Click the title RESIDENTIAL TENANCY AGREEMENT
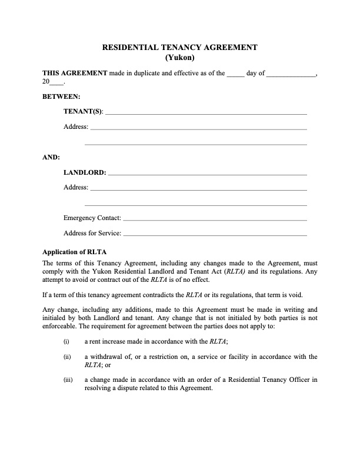click(x=180, y=48)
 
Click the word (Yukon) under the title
click(x=180, y=58)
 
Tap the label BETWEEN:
click(x=62, y=96)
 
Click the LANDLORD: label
click(x=85, y=173)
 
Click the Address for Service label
click(x=92, y=234)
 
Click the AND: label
click(x=51, y=157)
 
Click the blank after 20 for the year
click(x=56, y=84)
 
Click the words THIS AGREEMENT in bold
click(x=75, y=74)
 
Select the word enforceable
click(x=61, y=326)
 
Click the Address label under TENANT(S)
click(x=76, y=127)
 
